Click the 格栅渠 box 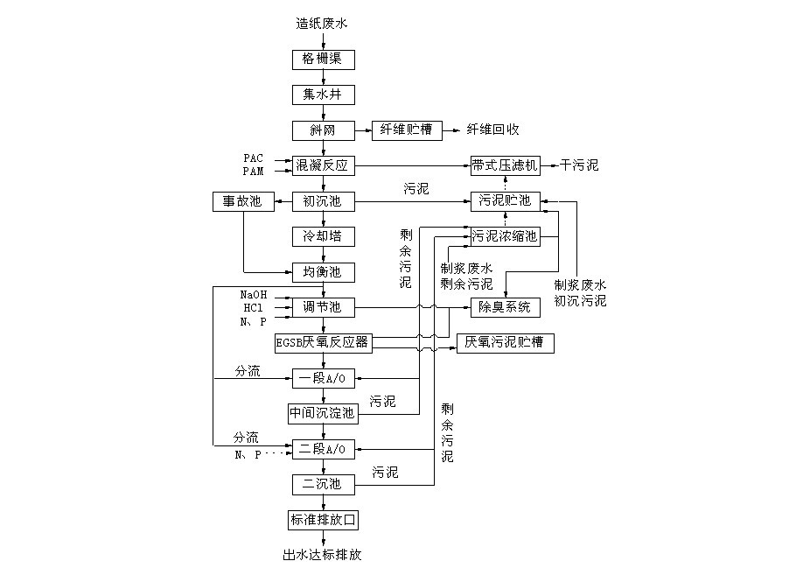324,60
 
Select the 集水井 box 324,95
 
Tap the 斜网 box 324,130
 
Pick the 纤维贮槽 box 406,130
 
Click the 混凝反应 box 324,165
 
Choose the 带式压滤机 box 506,165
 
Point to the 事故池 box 242,201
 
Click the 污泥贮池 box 506,201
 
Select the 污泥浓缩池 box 506,236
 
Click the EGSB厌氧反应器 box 324,343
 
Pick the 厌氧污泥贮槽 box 505,343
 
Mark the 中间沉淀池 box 324,412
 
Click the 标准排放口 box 324,519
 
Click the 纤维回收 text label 493,130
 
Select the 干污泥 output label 581,165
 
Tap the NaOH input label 254,295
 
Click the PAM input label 254,171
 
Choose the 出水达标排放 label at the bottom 322,554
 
